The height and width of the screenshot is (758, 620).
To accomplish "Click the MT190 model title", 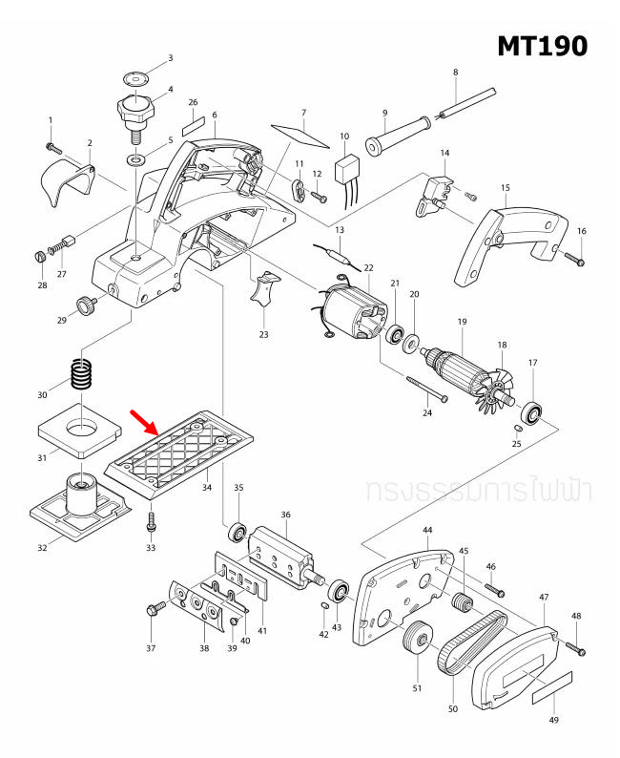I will pos(541,45).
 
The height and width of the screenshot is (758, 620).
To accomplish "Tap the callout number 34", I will pos(207,488).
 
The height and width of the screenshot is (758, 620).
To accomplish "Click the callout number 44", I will pos(427,530).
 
